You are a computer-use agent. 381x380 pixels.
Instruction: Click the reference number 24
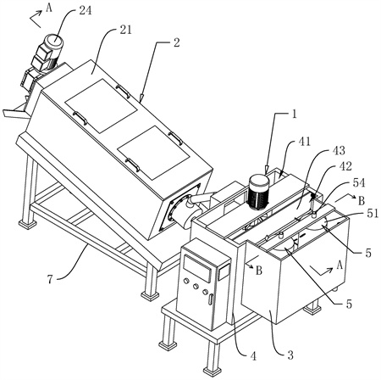tap(85, 11)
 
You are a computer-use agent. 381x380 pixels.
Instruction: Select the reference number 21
tap(125, 31)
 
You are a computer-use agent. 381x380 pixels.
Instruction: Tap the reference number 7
tap(50, 280)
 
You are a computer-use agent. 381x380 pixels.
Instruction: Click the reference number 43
tap(339, 150)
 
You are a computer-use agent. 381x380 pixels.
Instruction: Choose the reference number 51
tap(372, 213)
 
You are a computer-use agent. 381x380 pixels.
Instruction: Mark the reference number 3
tap(290, 355)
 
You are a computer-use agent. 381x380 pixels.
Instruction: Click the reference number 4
tap(253, 356)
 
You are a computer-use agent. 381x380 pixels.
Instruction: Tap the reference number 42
tap(345, 166)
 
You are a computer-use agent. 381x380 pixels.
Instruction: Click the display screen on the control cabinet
tap(197, 268)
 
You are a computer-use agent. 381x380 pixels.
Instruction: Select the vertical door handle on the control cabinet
tap(210, 299)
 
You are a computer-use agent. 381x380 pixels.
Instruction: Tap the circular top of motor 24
tap(55, 41)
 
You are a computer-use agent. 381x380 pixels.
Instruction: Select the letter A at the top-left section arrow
tap(49, 8)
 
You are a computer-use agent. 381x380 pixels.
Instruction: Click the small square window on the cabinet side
tap(224, 271)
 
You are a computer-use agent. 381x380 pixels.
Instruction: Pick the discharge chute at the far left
tap(15, 111)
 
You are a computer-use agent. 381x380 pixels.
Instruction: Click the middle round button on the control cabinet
tap(196, 287)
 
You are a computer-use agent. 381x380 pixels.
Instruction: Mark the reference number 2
tap(176, 43)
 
